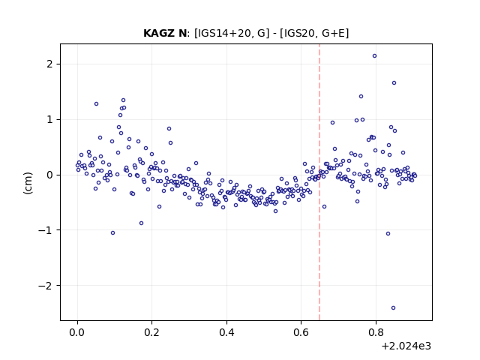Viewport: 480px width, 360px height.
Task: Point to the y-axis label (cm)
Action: click(28, 183)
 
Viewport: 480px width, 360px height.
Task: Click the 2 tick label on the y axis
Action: click(49, 64)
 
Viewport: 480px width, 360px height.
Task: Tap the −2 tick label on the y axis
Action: click(45, 286)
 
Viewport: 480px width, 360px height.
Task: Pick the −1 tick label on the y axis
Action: click(45, 230)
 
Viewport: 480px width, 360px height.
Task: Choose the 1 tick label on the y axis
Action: click(49, 120)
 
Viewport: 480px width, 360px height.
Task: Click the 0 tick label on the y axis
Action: click(49, 175)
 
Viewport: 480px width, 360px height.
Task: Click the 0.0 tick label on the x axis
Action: click(77, 332)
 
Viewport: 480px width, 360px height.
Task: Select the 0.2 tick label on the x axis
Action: click(152, 332)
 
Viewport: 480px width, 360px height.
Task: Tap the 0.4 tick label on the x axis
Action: click(226, 332)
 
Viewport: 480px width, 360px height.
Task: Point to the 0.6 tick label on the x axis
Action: click(301, 332)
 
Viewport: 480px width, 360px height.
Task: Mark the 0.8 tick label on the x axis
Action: click(376, 332)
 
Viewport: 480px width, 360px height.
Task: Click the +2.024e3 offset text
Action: click(406, 346)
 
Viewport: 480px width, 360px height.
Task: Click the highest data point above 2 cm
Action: click(374, 56)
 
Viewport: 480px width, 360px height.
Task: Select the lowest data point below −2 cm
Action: click(393, 308)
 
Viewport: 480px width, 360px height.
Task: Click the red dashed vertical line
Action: click(319, 182)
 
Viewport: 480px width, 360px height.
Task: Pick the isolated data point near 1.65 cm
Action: click(394, 83)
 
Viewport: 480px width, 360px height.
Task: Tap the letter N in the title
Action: click(183, 33)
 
